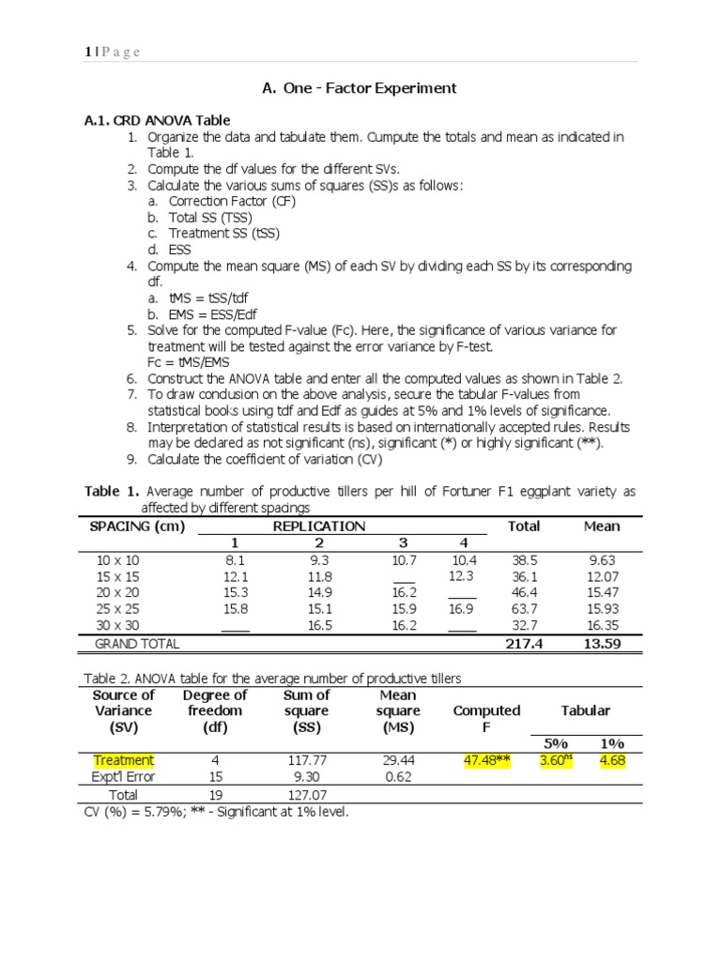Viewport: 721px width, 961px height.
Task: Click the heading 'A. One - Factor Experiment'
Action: point(360,88)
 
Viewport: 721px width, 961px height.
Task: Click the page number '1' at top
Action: point(86,52)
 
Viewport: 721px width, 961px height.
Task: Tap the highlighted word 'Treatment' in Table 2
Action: point(123,760)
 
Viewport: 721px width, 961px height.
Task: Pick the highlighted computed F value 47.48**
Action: point(486,760)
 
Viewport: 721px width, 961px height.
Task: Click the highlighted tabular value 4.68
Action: point(612,760)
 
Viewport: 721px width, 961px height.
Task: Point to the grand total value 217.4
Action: point(523,644)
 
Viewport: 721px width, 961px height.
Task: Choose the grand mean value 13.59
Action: point(602,644)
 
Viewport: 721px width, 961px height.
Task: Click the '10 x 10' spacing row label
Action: point(117,560)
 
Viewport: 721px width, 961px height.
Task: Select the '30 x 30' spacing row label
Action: point(117,624)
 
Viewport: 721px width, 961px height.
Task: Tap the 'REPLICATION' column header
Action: point(318,526)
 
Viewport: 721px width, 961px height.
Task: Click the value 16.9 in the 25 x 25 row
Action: point(461,608)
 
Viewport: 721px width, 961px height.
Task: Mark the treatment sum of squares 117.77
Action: point(306,760)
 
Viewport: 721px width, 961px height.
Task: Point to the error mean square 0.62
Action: point(397,777)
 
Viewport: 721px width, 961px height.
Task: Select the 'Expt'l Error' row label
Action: point(123,777)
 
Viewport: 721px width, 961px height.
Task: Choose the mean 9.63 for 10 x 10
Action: point(602,560)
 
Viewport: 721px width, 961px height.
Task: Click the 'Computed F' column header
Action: point(486,719)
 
